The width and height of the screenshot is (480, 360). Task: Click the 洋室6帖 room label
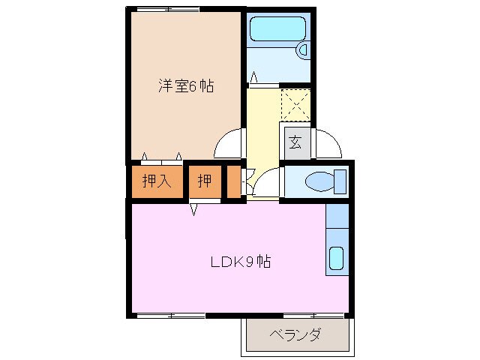click(x=186, y=86)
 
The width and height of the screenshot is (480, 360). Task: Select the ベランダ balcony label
click(x=295, y=334)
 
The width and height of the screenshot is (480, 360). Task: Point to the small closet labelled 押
click(x=204, y=181)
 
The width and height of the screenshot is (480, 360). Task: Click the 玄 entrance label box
click(x=295, y=142)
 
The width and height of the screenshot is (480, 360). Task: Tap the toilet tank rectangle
click(x=340, y=181)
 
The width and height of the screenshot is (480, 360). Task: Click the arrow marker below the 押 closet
click(x=193, y=208)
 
